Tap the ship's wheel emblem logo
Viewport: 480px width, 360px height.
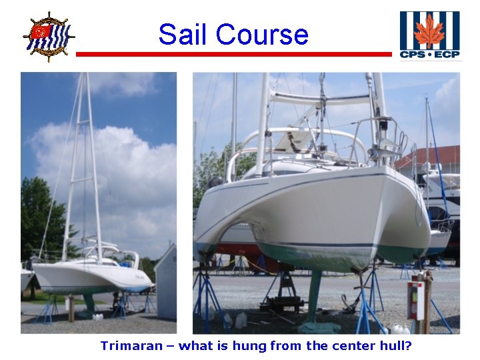click(x=48, y=37)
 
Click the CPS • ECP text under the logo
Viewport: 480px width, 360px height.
click(x=429, y=54)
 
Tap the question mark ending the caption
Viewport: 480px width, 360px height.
click(x=409, y=345)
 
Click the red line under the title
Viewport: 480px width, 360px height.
click(x=233, y=54)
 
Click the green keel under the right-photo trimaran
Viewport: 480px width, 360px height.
click(x=313, y=293)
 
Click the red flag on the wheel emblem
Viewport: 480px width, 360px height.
click(x=41, y=31)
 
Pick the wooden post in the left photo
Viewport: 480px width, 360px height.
click(x=71, y=308)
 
